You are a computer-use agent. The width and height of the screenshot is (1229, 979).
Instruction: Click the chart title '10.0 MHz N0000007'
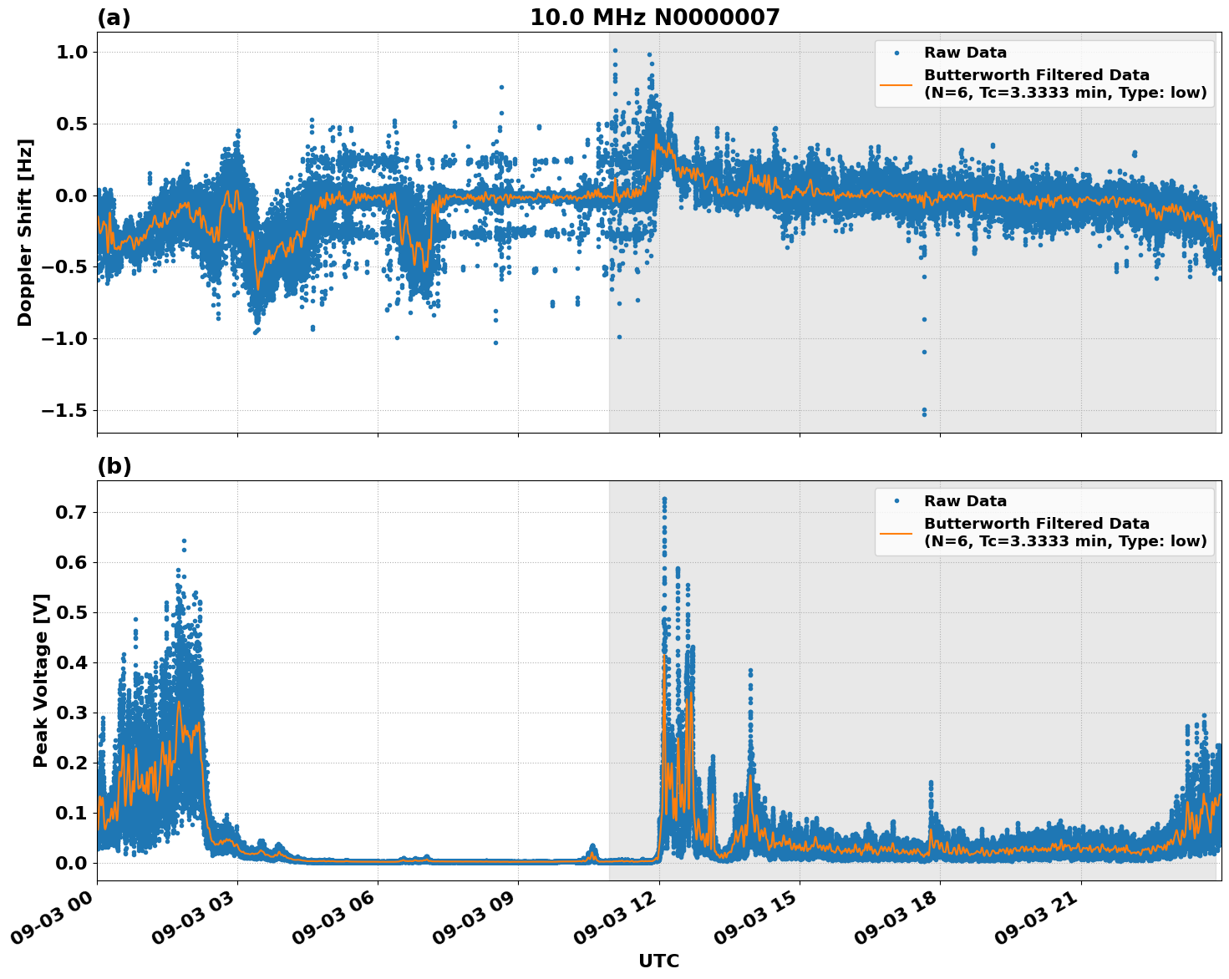click(x=654, y=18)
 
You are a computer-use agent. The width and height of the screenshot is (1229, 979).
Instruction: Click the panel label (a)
click(x=114, y=18)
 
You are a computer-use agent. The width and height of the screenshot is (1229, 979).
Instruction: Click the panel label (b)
click(x=114, y=466)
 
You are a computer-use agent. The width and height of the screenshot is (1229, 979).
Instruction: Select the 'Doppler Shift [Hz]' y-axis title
click(x=25, y=232)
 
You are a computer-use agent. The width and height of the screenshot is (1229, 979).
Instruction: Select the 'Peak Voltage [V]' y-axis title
click(x=41, y=680)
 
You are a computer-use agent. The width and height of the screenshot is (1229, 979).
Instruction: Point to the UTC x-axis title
click(x=658, y=961)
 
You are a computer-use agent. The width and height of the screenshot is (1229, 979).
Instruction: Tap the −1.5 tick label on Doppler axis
click(x=63, y=410)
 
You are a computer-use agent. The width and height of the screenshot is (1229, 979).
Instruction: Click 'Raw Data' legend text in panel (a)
click(x=965, y=53)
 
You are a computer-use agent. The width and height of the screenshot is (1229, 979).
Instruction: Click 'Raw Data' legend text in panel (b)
click(x=965, y=501)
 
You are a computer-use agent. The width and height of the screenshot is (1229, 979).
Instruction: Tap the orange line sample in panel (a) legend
click(x=896, y=84)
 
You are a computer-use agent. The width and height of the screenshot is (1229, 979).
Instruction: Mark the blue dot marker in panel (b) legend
click(x=896, y=501)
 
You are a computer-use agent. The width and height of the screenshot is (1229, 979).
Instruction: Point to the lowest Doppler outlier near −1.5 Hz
click(x=924, y=414)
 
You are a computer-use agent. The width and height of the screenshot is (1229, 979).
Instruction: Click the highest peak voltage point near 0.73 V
click(x=664, y=500)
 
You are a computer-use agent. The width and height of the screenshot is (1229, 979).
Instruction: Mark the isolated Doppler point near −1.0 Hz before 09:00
click(x=495, y=342)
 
